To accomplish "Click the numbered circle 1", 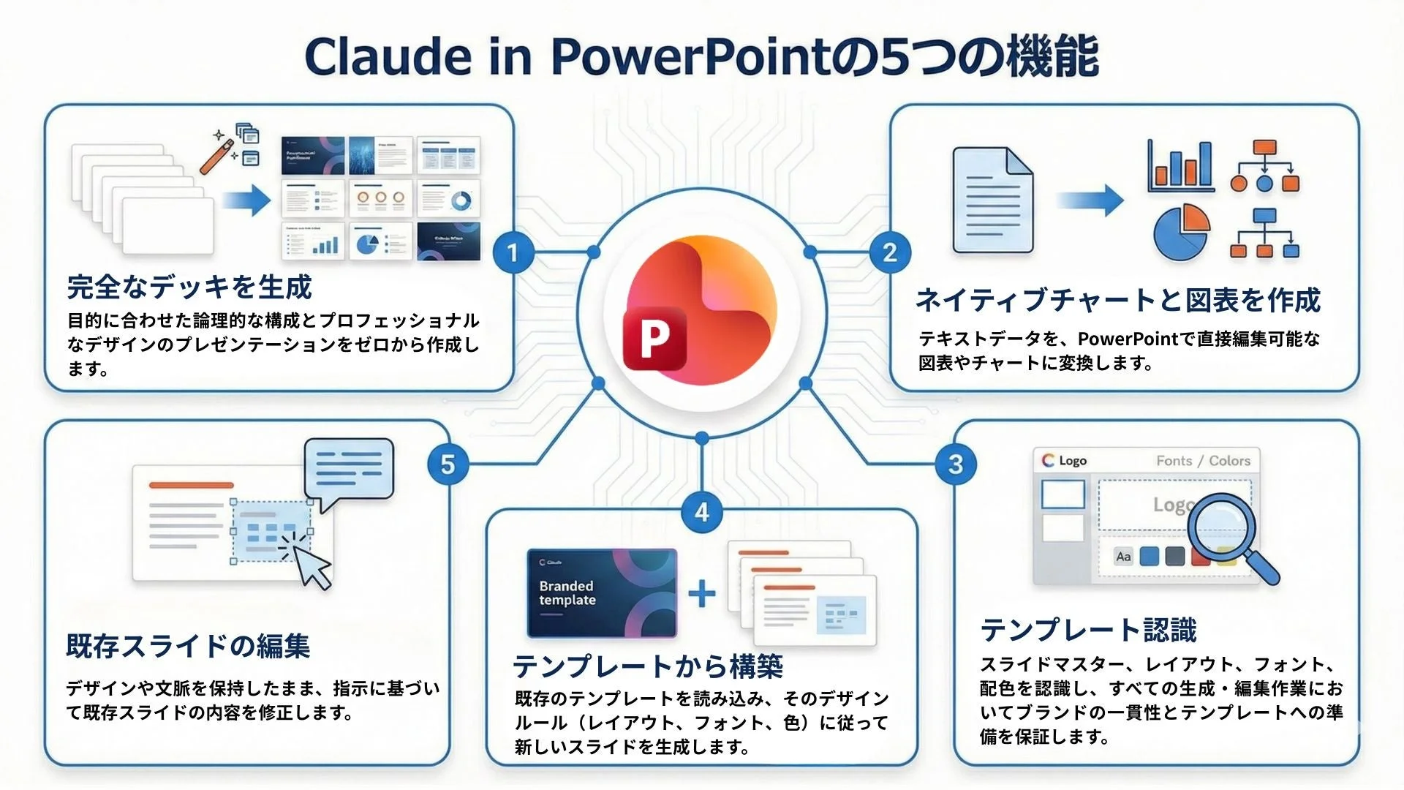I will [x=513, y=253].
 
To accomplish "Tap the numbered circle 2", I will [x=889, y=253].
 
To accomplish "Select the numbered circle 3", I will [x=955, y=464].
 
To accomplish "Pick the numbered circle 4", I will [x=702, y=511].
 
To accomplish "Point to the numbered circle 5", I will [x=448, y=464].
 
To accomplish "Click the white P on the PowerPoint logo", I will [x=654, y=339].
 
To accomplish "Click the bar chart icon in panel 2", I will [x=1180, y=167].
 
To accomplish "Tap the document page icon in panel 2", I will [x=992, y=200].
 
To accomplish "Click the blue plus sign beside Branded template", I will [x=702, y=593].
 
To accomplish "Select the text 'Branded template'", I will [x=567, y=593].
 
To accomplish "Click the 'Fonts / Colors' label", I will [x=1203, y=461].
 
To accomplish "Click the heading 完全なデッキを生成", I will [x=189, y=287].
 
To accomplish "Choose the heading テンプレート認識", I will [x=1088, y=630].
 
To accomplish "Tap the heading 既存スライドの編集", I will [x=188, y=646].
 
